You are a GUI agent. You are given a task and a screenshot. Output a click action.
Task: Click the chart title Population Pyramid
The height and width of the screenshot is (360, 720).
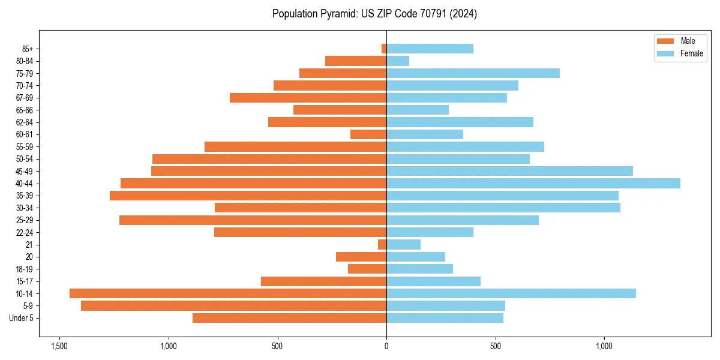tap(374, 14)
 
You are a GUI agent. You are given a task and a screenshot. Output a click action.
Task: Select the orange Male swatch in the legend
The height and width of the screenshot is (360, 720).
tap(665, 41)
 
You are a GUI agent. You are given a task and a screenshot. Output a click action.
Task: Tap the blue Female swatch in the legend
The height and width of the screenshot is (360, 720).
tap(665, 53)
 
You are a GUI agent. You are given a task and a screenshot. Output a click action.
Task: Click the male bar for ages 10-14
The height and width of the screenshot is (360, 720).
tap(228, 293)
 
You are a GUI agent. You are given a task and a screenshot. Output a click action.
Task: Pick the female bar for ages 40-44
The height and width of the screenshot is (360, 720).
tap(533, 183)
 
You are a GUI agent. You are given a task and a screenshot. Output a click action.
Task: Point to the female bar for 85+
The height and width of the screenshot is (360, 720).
tap(430, 49)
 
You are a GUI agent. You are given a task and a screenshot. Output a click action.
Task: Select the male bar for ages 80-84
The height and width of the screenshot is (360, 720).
tap(356, 61)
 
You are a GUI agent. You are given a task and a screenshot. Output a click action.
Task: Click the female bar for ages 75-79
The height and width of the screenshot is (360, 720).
tap(473, 73)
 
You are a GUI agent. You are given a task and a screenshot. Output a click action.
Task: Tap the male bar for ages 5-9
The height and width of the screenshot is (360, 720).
tap(233, 305)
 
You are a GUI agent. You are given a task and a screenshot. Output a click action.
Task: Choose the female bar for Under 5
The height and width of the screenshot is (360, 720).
tap(445, 318)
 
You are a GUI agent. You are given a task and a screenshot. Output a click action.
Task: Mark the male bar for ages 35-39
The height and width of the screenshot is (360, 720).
tap(248, 196)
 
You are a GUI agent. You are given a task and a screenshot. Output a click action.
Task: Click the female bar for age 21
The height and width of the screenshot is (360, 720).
tap(403, 244)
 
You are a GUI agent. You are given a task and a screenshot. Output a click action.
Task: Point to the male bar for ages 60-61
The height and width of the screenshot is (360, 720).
tap(368, 134)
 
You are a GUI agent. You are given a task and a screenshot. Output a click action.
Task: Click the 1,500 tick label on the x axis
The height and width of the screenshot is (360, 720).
tap(59, 346)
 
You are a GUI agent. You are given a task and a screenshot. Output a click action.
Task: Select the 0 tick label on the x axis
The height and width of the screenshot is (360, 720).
tap(386, 346)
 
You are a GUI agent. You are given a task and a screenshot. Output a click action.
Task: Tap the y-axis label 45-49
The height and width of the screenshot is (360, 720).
tap(24, 171)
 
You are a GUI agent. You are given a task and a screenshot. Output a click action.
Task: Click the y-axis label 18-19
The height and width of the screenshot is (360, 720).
tap(24, 269)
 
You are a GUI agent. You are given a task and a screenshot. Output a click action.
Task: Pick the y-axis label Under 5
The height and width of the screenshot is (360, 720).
tap(22, 318)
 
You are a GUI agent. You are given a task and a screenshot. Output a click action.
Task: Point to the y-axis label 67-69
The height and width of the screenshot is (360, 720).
tap(24, 98)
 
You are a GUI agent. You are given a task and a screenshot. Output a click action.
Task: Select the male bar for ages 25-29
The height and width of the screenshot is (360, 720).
tap(253, 220)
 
